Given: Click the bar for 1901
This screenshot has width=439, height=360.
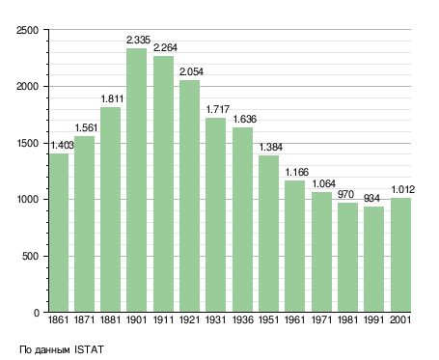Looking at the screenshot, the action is pos(136,180).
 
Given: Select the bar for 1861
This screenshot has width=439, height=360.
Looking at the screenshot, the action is pos(59,233).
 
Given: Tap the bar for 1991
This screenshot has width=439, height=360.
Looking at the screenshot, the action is pos(373,260).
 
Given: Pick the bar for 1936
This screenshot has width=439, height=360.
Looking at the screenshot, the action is pos(242,220).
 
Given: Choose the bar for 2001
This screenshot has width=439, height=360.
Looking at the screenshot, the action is pos(400,255).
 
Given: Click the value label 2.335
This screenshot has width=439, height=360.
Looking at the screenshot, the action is pos(138,40).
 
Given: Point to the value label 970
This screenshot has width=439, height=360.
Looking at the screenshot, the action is pos(345,194).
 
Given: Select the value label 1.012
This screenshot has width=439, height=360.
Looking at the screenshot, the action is pos(402,189).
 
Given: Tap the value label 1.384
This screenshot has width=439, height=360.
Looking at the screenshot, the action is pos(271,147).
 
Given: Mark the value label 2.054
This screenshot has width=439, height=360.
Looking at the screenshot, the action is pos(191,71).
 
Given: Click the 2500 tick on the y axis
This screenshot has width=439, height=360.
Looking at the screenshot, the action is pos(27,30).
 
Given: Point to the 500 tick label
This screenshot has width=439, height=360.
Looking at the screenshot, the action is pos(30,257).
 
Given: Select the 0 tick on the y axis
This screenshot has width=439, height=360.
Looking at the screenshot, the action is pos(37,313).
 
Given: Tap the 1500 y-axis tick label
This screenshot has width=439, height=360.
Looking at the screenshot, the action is pos(28,143).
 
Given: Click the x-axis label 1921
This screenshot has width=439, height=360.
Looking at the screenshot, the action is pos(189,320).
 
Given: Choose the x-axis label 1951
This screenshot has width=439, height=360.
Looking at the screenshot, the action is pos(268,320).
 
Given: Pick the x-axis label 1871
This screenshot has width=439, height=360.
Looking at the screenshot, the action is pos(84,320).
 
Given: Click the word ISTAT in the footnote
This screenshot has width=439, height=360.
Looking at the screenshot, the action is pos(89,349).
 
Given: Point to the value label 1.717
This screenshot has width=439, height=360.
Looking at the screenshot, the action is pos(218,109).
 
